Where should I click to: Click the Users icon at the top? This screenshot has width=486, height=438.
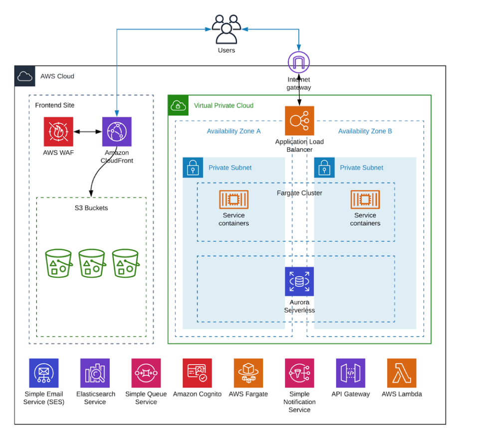point(226,29)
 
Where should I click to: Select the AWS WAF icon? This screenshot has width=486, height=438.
point(58,132)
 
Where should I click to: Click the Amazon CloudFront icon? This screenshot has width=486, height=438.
point(117,132)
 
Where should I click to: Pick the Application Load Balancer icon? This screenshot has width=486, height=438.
point(299,121)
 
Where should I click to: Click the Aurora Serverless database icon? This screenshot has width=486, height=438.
point(299,281)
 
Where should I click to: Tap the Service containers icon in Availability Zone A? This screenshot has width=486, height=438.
point(234,199)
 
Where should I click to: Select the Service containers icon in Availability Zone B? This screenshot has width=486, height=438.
point(365,199)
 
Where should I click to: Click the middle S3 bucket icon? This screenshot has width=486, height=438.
point(92,263)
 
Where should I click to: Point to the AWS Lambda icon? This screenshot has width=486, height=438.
point(402,373)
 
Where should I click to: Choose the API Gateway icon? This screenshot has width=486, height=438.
point(351,373)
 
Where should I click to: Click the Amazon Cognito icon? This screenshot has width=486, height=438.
point(197,373)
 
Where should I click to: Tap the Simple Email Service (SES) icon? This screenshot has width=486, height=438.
point(44,373)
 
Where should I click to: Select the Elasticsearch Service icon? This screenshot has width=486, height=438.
point(95,373)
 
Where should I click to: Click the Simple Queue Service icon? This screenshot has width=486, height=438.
point(146,373)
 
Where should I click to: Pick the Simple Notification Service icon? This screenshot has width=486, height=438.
point(299,373)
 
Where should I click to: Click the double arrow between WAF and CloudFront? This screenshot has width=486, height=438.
point(88,132)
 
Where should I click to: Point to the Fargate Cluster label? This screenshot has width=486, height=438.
point(299,193)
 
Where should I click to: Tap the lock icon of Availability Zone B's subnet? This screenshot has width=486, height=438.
point(324,168)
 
